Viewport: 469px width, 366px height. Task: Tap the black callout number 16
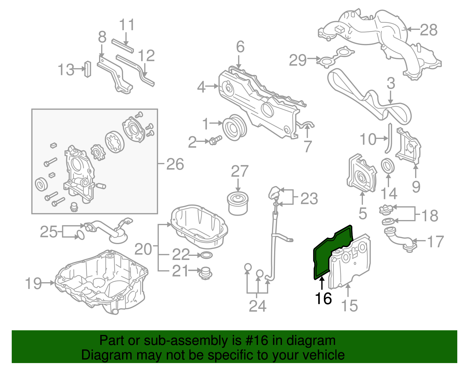(323, 299)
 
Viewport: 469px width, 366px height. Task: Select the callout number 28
(429, 30)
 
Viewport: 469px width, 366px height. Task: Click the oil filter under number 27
(238, 203)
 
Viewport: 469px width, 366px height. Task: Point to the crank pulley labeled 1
(234, 128)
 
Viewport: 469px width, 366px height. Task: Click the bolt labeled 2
(215, 142)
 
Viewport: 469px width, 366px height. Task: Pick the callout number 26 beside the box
(175, 164)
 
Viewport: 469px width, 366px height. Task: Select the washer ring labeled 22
(206, 256)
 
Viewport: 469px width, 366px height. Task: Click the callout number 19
(33, 283)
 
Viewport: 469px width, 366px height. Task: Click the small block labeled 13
(87, 69)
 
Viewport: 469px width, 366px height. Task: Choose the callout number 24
(257, 306)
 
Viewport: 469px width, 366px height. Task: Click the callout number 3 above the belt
(391, 84)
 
